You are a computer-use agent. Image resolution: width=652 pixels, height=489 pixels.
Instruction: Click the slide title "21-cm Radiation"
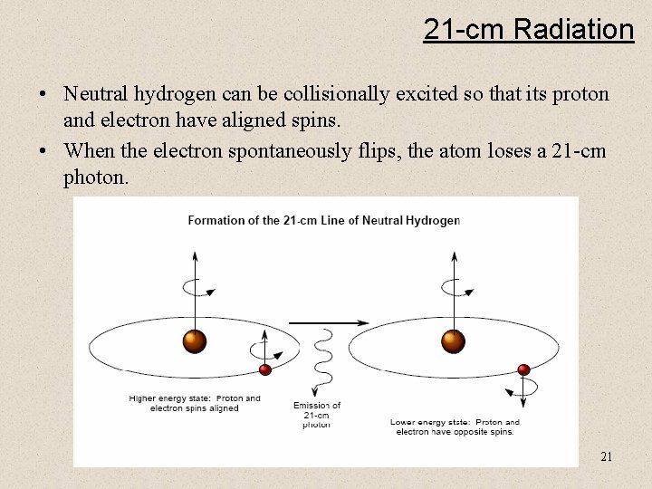pyautogui.click(x=528, y=30)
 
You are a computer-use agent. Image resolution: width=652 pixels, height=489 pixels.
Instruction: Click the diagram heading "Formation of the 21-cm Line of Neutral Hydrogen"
pyautogui.click(x=323, y=219)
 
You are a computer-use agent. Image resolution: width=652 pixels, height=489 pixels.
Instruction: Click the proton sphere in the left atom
pyautogui.click(x=195, y=341)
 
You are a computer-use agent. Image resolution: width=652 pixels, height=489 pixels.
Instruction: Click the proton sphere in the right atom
pyautogui.click(x=452, y=341)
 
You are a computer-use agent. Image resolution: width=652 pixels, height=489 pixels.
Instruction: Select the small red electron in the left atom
pyautogui.click(x=265, y=369)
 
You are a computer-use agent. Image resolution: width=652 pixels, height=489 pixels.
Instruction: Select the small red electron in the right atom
pyautogui.click(x=523, y=369)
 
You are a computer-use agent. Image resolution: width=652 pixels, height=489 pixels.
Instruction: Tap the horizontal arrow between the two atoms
pyautogui.click(x=328, y=321)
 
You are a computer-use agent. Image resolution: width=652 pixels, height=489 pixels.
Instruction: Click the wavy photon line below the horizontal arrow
pyautogui.click(x=317, y=362)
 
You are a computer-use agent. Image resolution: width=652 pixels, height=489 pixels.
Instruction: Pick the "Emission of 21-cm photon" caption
pyautogui.click(x=317, y=415)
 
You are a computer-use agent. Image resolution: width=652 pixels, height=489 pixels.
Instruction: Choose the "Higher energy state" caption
pyautogui.click(x=195, y=403)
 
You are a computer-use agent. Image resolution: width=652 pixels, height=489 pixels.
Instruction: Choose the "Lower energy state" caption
pyautogui.click(x=455, y=427)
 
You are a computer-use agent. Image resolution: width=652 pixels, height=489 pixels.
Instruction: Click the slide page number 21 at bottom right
pyautogui.click(x=606, y=455)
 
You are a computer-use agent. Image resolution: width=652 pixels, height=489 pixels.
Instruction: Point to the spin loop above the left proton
pyautogui.click(x=196, y=288)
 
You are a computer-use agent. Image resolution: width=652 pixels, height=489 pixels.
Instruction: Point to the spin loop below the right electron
pyautogui.click(x=523, y=390)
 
